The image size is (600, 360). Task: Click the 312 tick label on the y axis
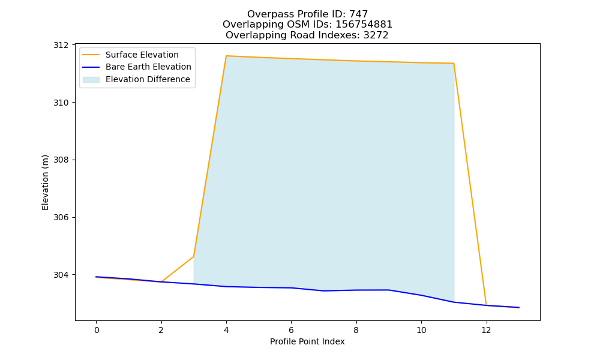[61, 45]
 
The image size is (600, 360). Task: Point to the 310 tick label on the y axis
[61, 103]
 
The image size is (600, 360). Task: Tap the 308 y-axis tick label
[61, 160]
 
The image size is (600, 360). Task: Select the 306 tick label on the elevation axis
[61, 217]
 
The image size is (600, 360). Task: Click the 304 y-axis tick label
[61, 275]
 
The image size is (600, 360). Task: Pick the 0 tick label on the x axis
[97, 330]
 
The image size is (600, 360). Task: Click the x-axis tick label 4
[226, 330]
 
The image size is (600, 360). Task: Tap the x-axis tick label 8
[356, 330]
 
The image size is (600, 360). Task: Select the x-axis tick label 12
[486, 330]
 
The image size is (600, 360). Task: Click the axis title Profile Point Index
[307, 341]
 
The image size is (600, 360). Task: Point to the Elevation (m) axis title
[45, 182]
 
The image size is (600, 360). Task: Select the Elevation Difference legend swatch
[91, 80]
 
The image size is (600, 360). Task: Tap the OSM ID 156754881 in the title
[364, 25]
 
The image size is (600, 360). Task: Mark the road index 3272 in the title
[376, 35]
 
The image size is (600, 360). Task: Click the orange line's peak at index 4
[226, 56]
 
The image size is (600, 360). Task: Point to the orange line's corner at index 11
[454, 64]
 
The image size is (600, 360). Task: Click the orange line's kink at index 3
[194, 256]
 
